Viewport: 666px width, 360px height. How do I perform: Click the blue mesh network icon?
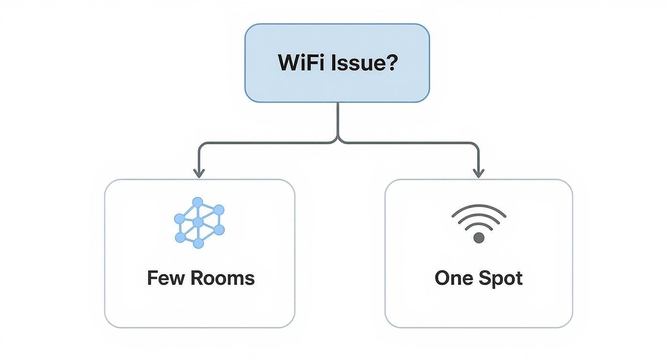(x=199, y=223)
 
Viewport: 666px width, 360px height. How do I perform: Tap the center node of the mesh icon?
(x=198, y=222)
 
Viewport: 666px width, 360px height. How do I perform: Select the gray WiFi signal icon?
(x=478, y=223)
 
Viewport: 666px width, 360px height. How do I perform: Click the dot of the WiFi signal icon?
(x=478, y=237)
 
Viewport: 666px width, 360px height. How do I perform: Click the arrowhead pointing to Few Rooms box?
(x=199, y=173)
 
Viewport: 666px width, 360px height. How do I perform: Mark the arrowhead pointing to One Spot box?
(x=478, y=173)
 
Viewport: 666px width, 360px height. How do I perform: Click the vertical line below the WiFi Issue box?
(x=338, y=120)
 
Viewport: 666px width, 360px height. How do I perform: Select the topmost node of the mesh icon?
(x=198, y=202)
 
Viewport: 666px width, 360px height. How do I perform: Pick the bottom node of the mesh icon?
(x=198, y=243)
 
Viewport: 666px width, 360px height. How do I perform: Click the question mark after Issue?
(x=392, y=63)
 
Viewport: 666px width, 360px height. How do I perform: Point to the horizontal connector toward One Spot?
(x=407, y=143)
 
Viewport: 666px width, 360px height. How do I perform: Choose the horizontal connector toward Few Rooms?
(x=268, y=143)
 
